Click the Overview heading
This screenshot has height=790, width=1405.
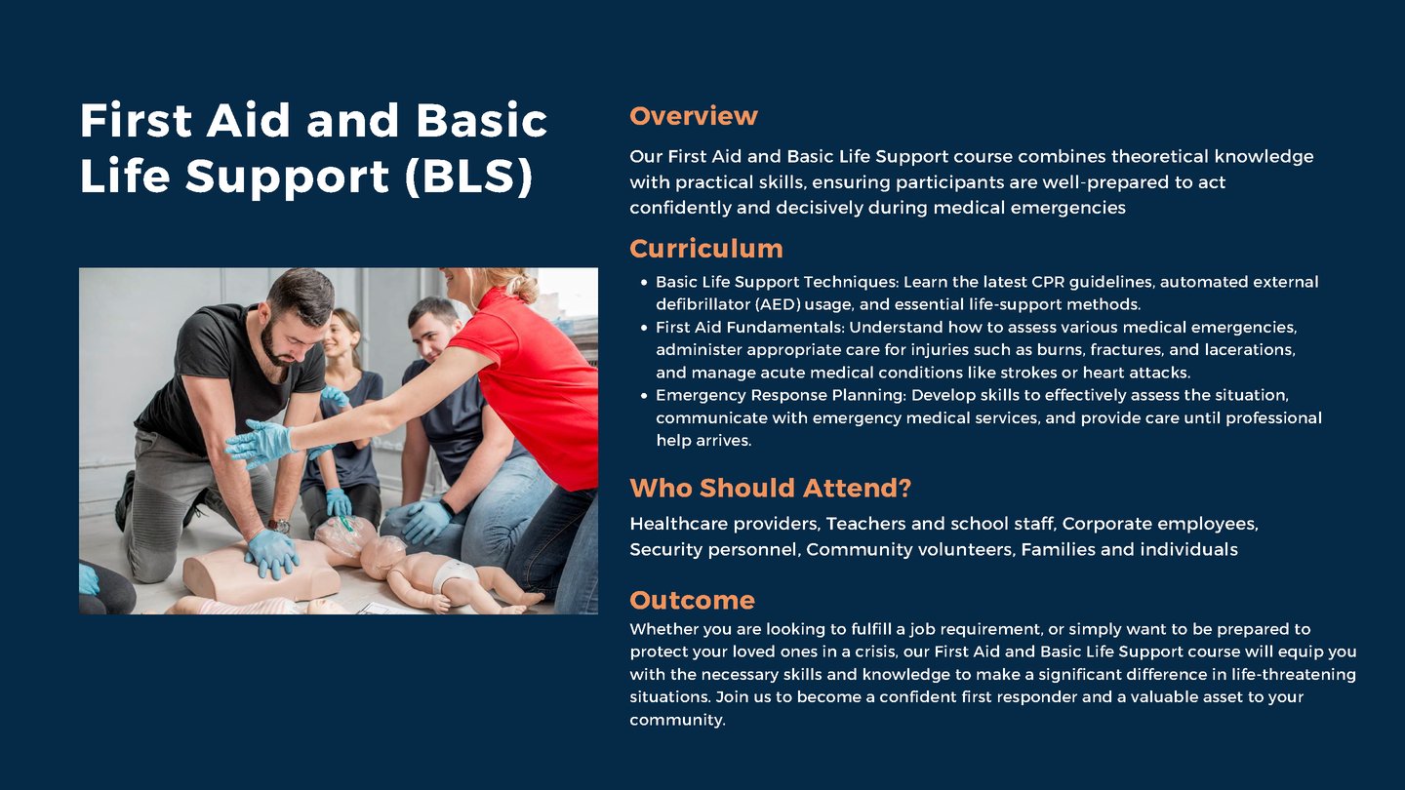693,116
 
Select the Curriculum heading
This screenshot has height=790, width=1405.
706,249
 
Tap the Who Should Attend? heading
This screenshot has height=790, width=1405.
770,488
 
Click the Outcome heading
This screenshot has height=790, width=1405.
692,600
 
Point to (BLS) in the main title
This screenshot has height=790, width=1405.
469,177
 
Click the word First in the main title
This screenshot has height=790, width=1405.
136,120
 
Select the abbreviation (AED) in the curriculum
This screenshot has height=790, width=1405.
778,304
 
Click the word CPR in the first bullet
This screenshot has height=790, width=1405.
1048,282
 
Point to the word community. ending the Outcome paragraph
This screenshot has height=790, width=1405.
677,720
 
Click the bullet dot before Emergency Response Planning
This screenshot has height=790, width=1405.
644,396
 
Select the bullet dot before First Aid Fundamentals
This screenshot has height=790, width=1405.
644,328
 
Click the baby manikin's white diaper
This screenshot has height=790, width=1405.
454,574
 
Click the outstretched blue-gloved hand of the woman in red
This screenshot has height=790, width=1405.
259,443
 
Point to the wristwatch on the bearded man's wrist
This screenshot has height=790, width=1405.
280,526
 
